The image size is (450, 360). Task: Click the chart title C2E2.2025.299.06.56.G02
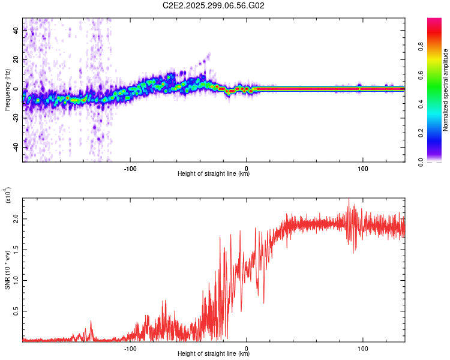coord(214,5)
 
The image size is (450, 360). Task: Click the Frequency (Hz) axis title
coord(7,90)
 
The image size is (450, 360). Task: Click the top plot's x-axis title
coord(214,174)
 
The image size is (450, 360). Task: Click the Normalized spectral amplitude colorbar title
coord(446,90)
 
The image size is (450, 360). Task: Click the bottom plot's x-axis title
coord(214,354)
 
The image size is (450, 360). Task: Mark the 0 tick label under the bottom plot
coord(247,347)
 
